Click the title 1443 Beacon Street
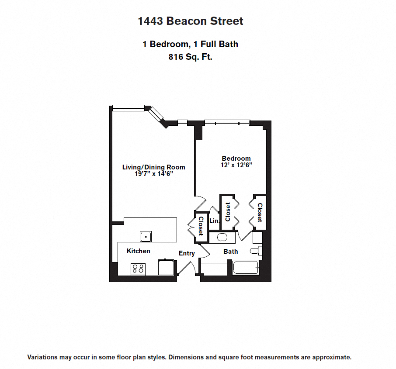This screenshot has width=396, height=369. pos(191,21)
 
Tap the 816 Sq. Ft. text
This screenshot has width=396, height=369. pos(190,57)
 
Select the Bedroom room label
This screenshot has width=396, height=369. pos(236,159)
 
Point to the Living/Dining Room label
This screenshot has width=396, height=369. pos(153,167)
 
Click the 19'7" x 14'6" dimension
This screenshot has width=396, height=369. pos(153,174)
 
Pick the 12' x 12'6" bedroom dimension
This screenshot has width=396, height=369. pos(237,165)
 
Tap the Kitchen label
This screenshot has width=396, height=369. pos(138,251)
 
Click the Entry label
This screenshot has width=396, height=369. pos(187,253)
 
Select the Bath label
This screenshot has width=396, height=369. pos(231,252)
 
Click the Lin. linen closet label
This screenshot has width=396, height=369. pos(214,221)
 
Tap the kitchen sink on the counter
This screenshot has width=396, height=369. pos(146,236)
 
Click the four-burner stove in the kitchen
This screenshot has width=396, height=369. pos(138,269)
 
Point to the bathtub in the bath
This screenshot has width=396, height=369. pos(246,268)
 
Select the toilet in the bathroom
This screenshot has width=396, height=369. pos(254,251)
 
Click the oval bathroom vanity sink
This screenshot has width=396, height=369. pos(222,238)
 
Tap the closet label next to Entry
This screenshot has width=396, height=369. pos(201,226)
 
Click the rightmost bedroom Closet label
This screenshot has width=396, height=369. pos(259,212)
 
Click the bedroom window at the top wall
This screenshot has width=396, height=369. pos(227,123)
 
